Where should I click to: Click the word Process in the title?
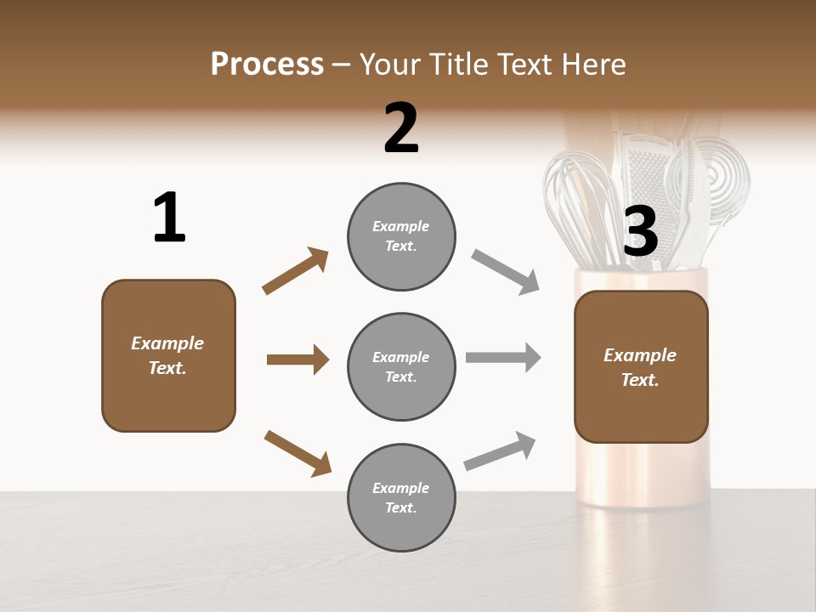[267, 65]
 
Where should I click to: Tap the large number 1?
[169, 218]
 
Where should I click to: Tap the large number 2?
[401, 128]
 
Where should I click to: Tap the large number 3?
[640, 231]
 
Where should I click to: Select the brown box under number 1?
[168, 355]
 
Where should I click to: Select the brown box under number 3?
[641, 366]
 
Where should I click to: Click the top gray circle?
[401, 236]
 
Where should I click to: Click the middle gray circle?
[401, 366]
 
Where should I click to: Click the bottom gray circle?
[401, 497]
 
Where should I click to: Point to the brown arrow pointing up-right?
[296, 271]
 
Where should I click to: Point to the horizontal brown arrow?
[297, 360]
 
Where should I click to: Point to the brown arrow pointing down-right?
[297, 453]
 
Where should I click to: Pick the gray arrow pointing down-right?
[505, 272]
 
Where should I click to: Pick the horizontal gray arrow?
[503, 358]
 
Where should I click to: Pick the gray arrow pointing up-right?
[500, 450]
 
